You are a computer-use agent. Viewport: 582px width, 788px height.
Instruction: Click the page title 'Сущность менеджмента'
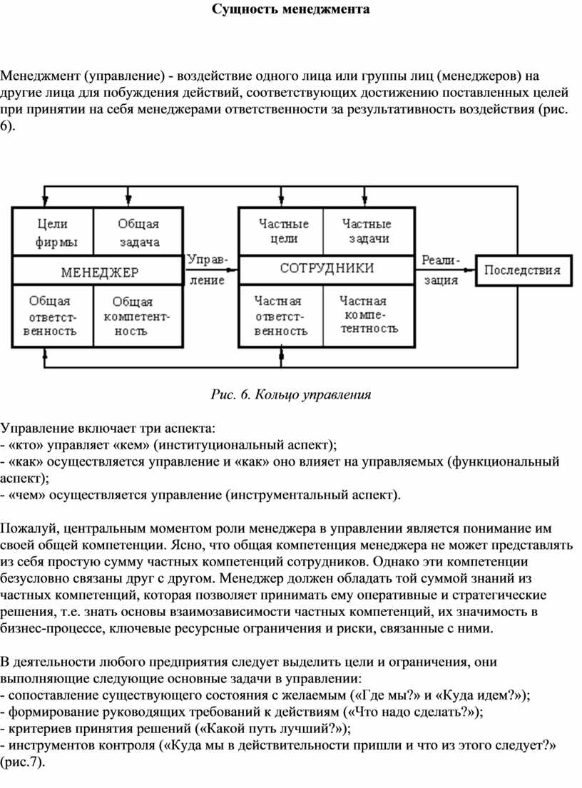click(x=290, y=10)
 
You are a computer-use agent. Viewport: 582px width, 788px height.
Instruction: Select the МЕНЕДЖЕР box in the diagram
click(x=98, y=272)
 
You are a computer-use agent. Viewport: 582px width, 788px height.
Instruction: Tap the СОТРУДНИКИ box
click(x=326, y=269)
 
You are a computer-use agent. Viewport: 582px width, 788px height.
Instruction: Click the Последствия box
click(x=522, y=270)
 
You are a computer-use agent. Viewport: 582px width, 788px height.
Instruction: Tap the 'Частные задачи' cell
click(x=367, y=232)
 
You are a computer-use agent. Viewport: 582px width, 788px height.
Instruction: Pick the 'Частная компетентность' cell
click(x=368, y=316)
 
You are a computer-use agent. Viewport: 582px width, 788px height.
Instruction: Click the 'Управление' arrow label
click(x=208, y=270)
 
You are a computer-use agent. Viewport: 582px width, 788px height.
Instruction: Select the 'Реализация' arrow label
click(x=441, y=270)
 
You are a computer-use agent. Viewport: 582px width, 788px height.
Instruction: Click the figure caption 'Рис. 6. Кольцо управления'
click(x=291, y=394)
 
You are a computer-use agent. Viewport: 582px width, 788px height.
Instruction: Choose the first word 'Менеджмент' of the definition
click(x=40, y=76)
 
